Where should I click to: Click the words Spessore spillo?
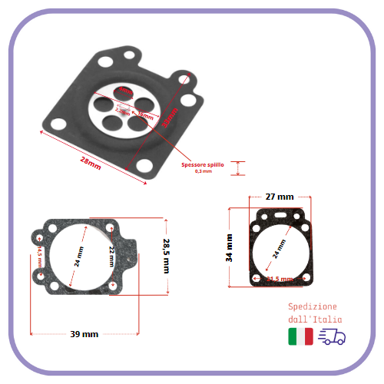point(203,165)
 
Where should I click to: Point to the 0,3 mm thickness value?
point(204,172)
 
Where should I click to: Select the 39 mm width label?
point(84,334)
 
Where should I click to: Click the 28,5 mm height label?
point(165,255)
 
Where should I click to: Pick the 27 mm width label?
point(279,197)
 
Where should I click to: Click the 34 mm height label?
point(229,248)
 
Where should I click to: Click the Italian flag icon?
point(300,336)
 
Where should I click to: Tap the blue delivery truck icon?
point(331,336)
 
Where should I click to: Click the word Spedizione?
point(311,306)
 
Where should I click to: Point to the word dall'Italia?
point(311,319)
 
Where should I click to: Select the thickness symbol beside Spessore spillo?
point(239,169)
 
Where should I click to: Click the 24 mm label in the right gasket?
point(279,247)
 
